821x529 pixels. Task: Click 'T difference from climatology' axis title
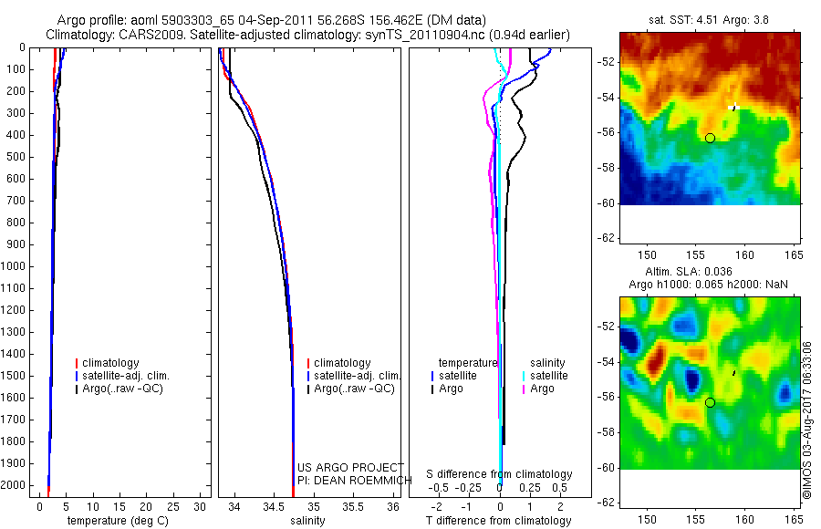click(x=498, y=521)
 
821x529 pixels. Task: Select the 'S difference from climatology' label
click(x=499, y=474)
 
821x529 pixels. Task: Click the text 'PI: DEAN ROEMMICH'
click(x=349, y=481)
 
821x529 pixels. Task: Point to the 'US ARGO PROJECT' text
click(x=350, y=468)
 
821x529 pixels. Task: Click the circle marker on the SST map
click(x=710, y=138)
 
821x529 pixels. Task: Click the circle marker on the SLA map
click(x=710, y=402)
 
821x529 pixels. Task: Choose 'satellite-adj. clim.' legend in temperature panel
click(x=126, y=376)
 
